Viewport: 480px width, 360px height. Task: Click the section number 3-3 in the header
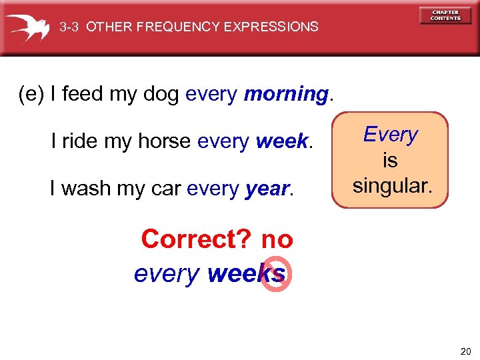click(70, 27)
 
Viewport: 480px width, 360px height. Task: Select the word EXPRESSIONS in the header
click(271, 27)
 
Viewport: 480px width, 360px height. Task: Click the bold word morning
click(286, 95)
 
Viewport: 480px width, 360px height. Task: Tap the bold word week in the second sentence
click(281, 141)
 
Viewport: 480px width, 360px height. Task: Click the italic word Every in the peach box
click(391, 135)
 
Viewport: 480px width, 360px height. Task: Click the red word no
click(277, 239)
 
